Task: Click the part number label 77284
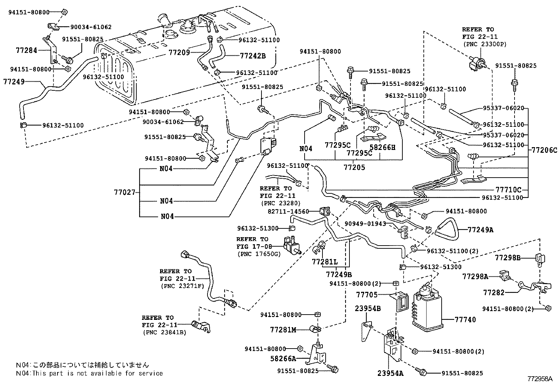coord(26,50)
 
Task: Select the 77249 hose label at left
coord(14,82)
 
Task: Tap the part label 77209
coord(179,53)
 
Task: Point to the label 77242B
coord(253,55)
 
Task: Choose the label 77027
coord(124,192)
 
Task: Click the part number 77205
coord(354,167)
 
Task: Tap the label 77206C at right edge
coord(544,150)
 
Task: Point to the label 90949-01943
coord(365,224)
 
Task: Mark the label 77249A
coord(481,230)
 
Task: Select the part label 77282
coord(494,292)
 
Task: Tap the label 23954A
coord(390,373)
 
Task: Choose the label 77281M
coord(283,330)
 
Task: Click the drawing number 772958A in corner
coord(540,379)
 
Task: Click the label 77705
coord(367,295)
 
